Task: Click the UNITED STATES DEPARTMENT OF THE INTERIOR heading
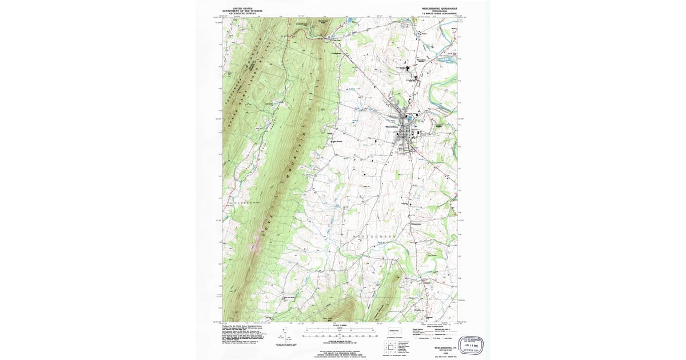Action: [239, 10]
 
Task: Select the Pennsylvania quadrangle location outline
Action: [394, 330]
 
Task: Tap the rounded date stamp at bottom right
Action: [472, 344]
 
